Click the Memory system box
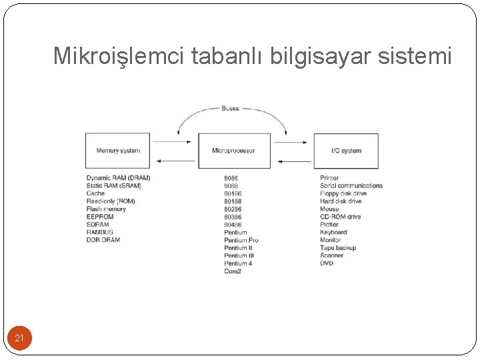(x=118, y=151)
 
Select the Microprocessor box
(x=234, y=151)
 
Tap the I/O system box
(x=346, y=151)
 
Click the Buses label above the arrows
(x=230, y=108)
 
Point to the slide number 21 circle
(x=19, y=339)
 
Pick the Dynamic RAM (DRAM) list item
(x=118, y=178)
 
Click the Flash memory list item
(x=106, y=209)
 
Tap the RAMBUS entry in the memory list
(x=100, y=232)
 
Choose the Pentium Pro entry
(x=241, y=240)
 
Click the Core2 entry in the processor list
(x=233, y=271)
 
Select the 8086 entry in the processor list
(x=231, y=178)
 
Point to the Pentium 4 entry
(x=238, y=263)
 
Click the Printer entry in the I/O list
(x=329, y=178)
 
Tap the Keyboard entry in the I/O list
(x=333, y=232)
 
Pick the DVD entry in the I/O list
(x=327, y=263)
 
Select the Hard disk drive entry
(x=341, y=201)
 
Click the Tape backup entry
(x=338, y=248)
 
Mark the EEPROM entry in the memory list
(x=100, y=217)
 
